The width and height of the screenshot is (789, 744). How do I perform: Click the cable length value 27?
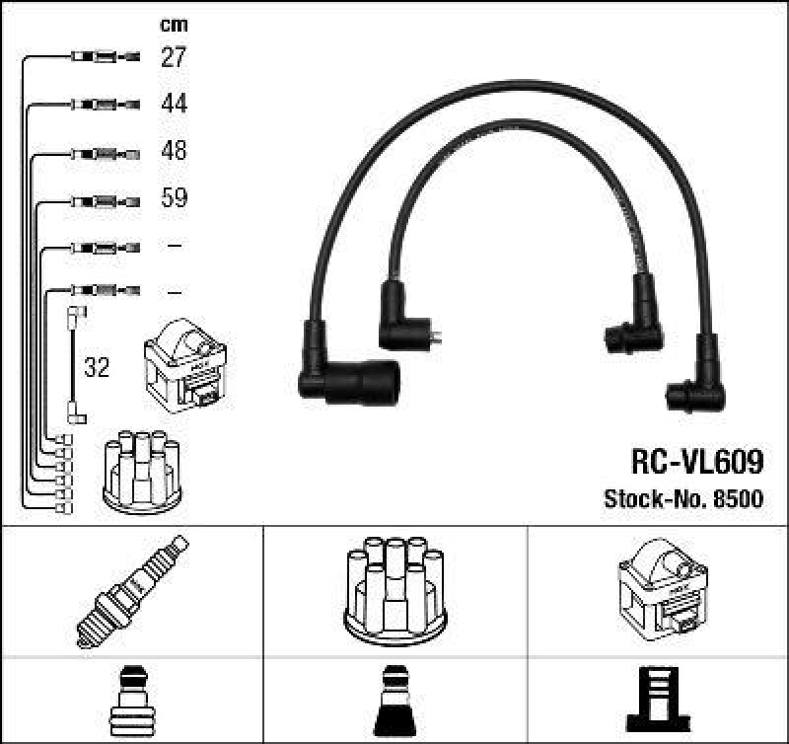174,57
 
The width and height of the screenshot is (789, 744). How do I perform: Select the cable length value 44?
174,104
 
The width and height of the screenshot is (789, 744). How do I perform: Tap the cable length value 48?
174,152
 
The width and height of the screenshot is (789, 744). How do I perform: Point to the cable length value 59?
174,198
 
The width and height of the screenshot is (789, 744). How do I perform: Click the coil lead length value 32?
97,368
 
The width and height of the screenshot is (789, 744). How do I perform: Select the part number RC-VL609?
696,462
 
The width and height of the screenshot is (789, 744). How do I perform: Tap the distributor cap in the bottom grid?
394,589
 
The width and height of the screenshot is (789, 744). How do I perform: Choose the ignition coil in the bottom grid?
662,589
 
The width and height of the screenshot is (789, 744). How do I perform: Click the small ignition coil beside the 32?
185,364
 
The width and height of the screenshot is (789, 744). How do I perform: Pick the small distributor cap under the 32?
142,472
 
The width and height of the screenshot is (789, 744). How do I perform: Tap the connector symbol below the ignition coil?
658,699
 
